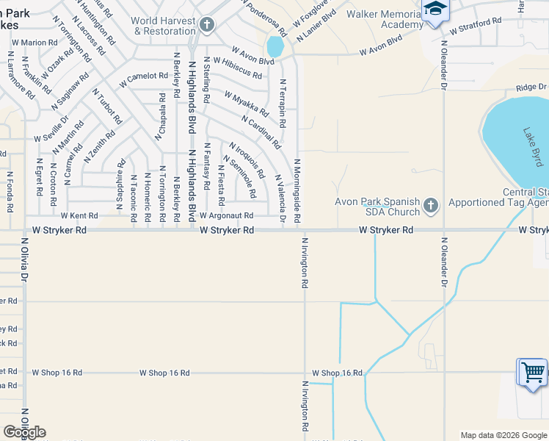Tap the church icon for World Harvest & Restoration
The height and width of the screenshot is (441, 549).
(207, 26)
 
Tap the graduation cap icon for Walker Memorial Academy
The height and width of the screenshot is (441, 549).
(435, 9)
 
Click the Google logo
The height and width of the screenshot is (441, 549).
(25, 432)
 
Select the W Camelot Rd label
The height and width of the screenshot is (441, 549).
(144, 76)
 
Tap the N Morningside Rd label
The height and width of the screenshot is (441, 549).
(297, 191)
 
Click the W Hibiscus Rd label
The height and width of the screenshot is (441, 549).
(237, 69)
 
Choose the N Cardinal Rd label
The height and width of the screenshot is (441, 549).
(261, 132)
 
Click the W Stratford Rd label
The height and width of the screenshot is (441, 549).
(476, 27)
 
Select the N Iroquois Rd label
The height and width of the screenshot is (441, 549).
(247, 160)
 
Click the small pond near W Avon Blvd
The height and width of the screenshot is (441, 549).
(275, 47)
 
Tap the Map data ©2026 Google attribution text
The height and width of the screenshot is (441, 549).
(503, 435)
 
